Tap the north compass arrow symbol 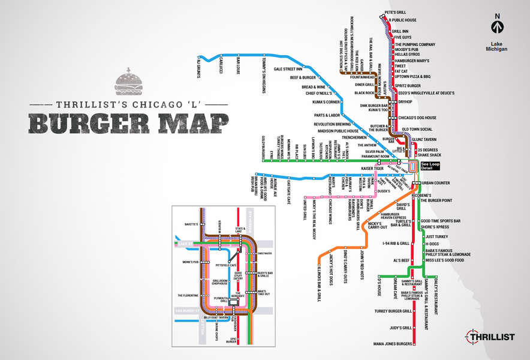496,26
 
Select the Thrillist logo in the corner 489,337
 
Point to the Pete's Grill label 396,13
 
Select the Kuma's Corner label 327,102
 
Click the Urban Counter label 436,182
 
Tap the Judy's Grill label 400,328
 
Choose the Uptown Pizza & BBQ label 412,76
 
